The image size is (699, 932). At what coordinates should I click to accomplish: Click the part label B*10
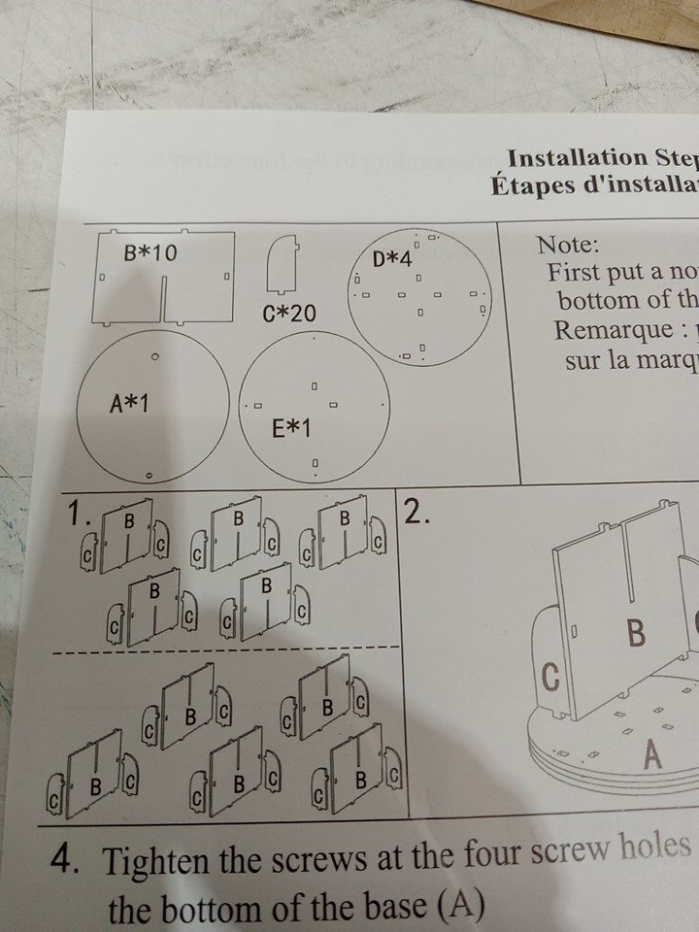150,254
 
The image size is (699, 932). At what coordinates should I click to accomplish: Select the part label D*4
393,260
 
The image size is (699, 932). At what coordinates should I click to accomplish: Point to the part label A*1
128,404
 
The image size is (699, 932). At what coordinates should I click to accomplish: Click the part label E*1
291,428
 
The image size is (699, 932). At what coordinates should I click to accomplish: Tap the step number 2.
416,514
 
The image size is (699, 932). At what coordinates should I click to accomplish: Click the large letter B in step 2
636,632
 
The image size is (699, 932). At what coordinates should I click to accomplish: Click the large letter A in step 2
652,754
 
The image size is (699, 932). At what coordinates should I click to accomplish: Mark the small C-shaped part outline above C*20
282,263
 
